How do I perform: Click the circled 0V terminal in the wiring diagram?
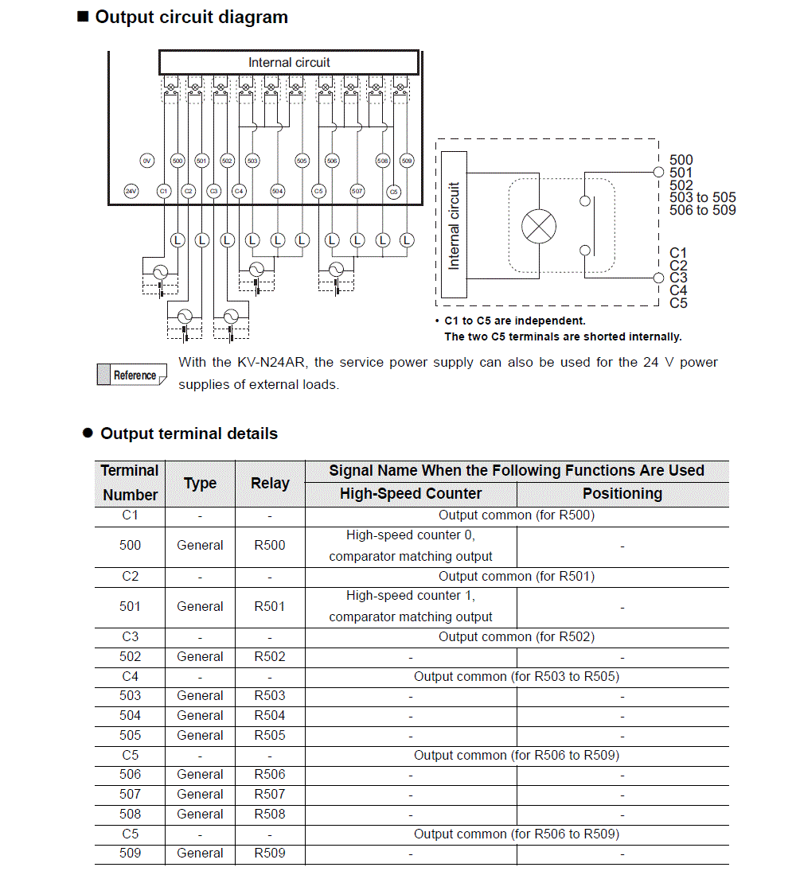click(x=146, y=161)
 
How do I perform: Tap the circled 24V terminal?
click(x=131, y=192)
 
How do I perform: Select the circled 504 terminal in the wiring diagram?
click(x=277, y=192)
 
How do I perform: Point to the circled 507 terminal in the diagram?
click(x=357, y=192)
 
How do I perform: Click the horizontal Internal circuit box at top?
click(x=289, y=63)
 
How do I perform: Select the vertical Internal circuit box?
click(x=454, y=225)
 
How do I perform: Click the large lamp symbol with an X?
click(x=539, y=226)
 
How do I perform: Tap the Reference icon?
click(x=132, y=375)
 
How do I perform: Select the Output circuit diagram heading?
click(x=191, y=17)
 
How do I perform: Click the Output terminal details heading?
click(x=189, y=434)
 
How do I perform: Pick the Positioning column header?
click(x=622, y=494)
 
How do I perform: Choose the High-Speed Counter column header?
click(x=411, y=494)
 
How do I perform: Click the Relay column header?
click(x=270, y=483)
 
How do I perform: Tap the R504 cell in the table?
click(x=270, y=715)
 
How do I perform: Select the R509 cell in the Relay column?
click(x=270, y=853)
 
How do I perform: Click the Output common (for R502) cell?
click(x=517, y=636)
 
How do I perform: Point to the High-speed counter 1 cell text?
click(x=411, y=596)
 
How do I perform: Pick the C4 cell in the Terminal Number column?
click(x=130, y=676)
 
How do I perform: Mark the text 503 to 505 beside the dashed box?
click(x=703, y=197)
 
